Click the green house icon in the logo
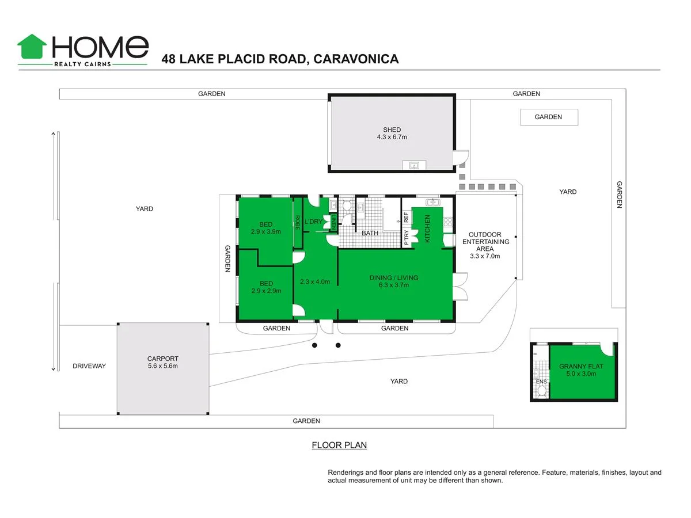(x=32, y=47)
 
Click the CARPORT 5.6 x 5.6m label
(x=162, y=362)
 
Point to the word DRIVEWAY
(x=89, y=366)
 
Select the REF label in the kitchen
(x=406, y=218)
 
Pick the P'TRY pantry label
(x=406, y=237)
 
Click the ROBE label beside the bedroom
(x=298, y=222)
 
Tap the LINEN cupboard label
(x=333, y=222)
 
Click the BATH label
(x=370, y=233)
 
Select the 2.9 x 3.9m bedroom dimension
(x=265, y=232)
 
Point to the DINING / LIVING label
(x=394, y=281)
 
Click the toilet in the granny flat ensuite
(x=541, y=392)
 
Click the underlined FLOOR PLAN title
(x=339, y=445)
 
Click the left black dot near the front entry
(x=314, y=345)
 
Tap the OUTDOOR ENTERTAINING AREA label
(x=485, y=245)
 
